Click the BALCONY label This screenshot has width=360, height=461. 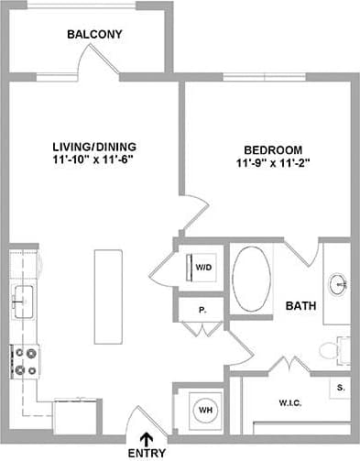click(x=94, y=35)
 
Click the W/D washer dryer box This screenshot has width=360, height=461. click(x=203, y=268)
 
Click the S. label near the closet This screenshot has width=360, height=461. click(x=341, y=388)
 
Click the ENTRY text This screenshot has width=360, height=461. click(x=147, y=454)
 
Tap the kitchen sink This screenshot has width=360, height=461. click(x=22, y=299)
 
